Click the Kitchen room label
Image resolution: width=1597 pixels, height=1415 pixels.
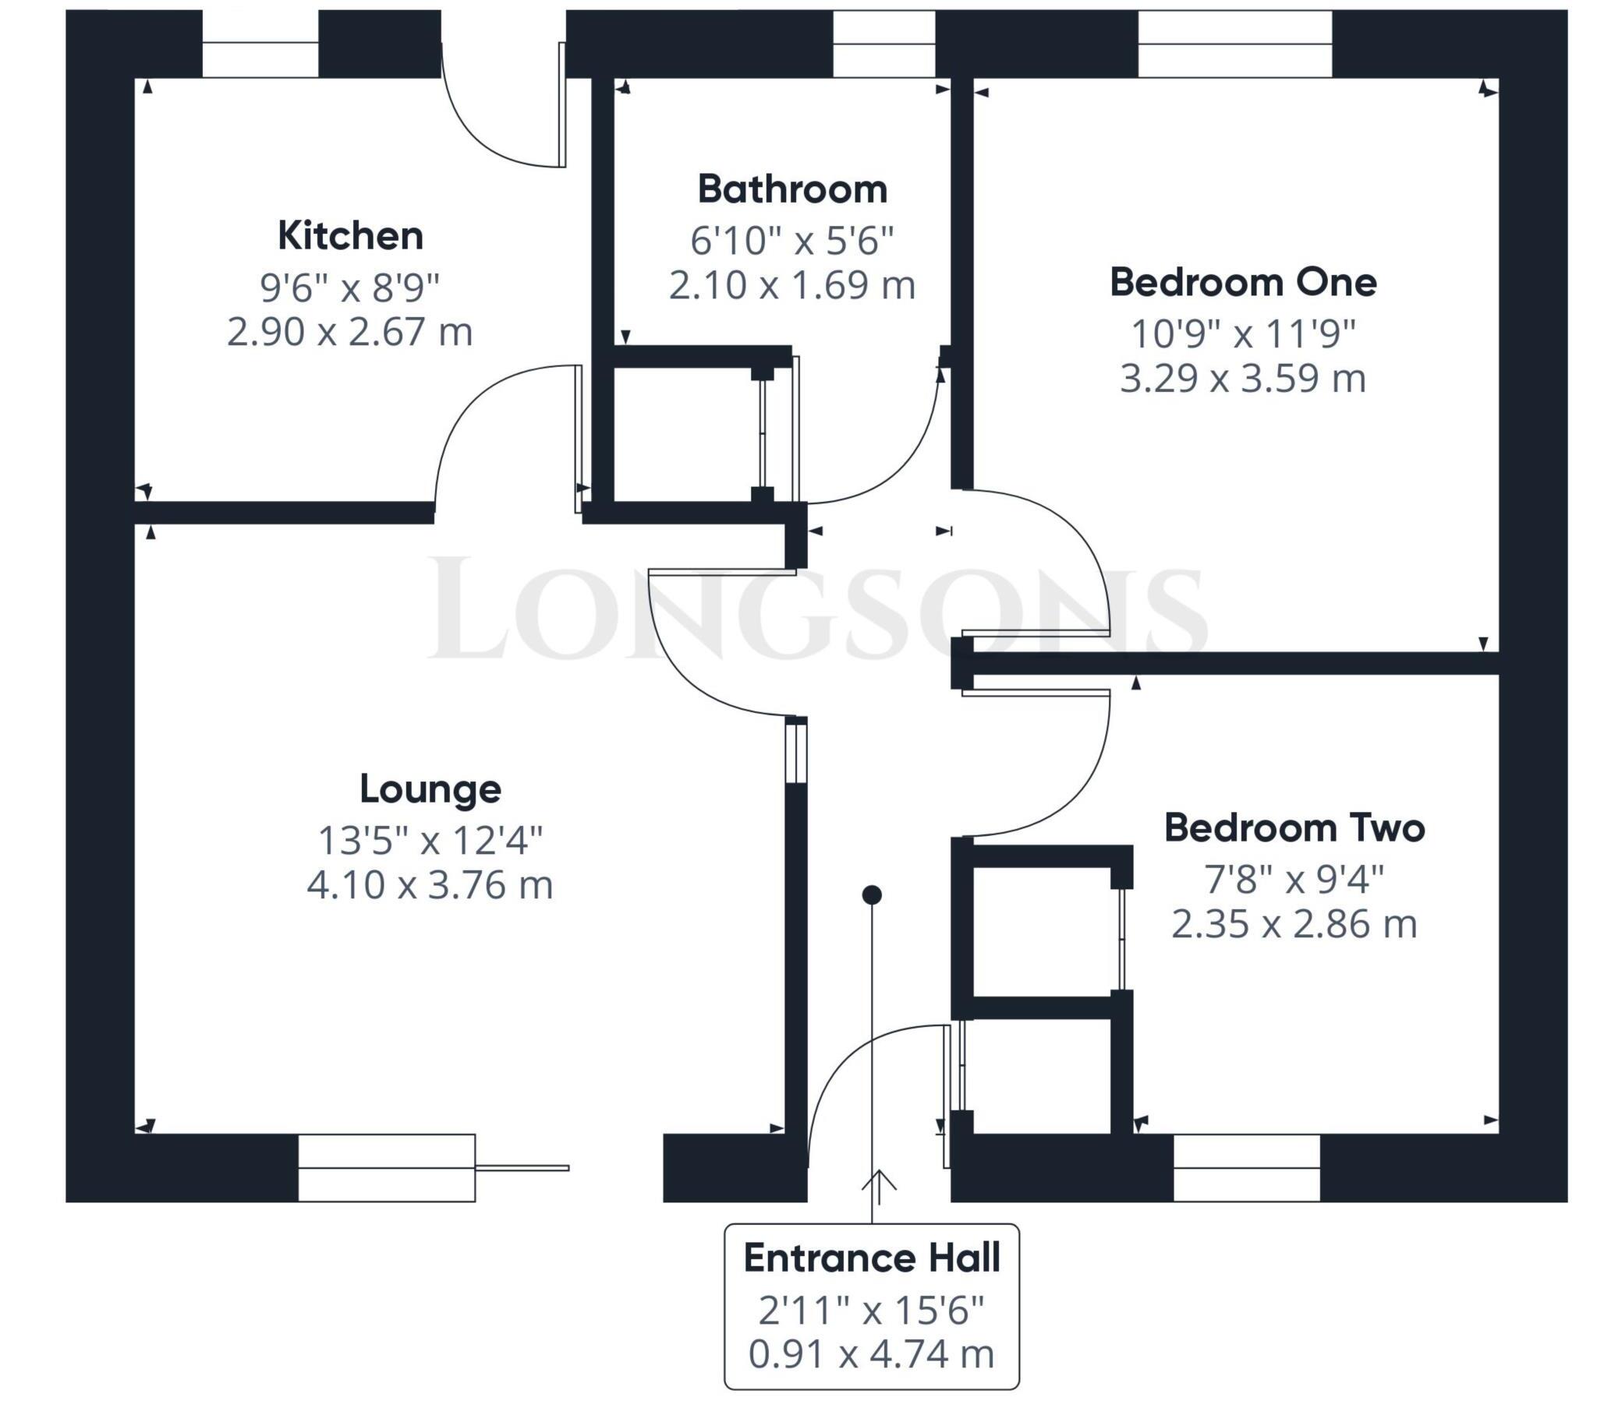pyautogui.click(x=350, y=235)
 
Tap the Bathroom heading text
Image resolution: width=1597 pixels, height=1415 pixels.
pyautogui.click(x=791, y=189)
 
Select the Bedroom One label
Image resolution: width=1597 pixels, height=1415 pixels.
pyautogui.click(x=1242, y=282)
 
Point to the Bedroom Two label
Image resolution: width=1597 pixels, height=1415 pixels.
pyautogui.click(x=1294, y=827)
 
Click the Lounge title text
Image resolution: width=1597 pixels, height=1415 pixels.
pyautogui.click(x=430, y=789)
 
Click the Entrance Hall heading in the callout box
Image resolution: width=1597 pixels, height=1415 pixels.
pyautogui.click(x=871, y=1258)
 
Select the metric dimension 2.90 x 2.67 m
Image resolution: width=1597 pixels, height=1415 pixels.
pyautogui.click(x=350, y=332)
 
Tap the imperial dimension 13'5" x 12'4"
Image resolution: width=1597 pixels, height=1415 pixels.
pyautogui.click(x=430, y=841)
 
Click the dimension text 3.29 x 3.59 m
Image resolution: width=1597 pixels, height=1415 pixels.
pyautogui.click(x=1242, y=379)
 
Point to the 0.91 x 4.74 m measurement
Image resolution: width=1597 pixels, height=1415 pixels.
pyautogui.click(x=871, y=1354)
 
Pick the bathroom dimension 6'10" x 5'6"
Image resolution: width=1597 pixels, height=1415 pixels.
pyautogui.click(x=791, y=241)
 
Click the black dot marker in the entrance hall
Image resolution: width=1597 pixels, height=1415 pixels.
pyautogui.click(x=872, y=895)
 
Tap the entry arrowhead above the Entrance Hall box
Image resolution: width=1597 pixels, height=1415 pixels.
pyautogui.click(x=879, y=1180)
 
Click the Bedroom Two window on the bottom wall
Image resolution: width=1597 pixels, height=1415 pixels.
pyautogui.click(x=1246, y=1167)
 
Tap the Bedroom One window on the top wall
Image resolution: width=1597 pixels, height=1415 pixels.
pyautogui.click(x=1234, y=44)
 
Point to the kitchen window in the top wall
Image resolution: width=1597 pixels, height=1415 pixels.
pyautogui.click(x=260, y=44)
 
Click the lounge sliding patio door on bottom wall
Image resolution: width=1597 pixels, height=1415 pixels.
pyautogui.click(x=387, y=1167)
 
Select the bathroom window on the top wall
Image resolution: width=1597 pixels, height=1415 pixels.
pyautogui.click(x=883, y=44)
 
